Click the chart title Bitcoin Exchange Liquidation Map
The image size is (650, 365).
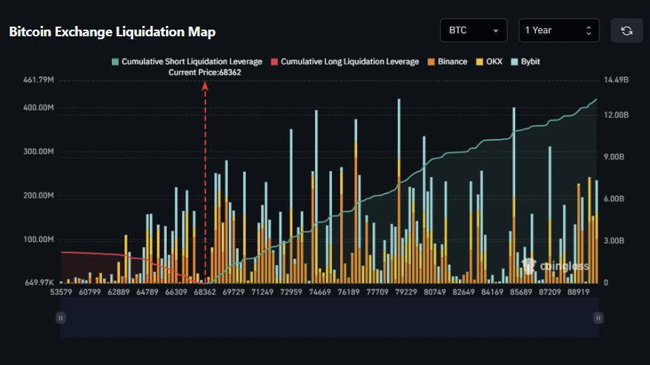[112, 32]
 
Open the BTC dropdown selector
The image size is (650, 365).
[473, 30]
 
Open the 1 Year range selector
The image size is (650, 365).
[558, 30]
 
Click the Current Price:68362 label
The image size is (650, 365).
[205, 73]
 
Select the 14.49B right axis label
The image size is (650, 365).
[617, 79]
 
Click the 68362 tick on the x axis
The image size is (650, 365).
[205, 292]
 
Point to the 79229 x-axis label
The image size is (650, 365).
[406, 292]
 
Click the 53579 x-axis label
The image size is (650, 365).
[62, 292]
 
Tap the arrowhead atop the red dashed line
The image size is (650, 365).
[205, 85]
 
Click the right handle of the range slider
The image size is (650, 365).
[597, 318]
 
